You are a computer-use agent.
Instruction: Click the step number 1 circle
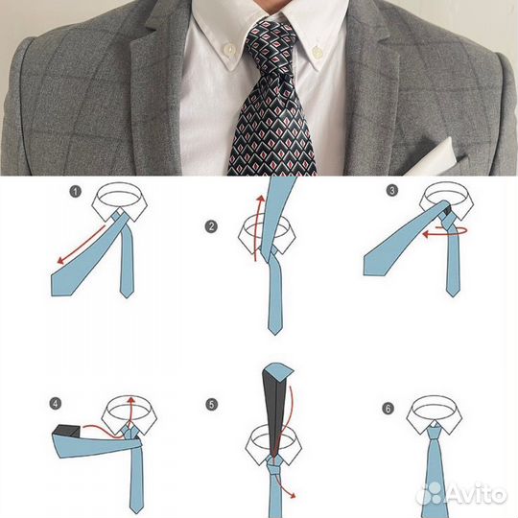[76, 192]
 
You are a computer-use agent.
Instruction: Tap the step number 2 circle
[211, 227]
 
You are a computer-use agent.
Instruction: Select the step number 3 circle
[391, 190]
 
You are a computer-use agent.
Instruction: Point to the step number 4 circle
[56, 404]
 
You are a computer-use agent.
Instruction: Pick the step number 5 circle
[211, 405]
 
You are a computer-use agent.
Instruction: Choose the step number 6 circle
[388, 409]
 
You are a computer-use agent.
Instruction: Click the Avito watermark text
[476, 495]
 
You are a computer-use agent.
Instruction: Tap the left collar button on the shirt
[229, 50]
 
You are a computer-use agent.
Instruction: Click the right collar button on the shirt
[317, 52]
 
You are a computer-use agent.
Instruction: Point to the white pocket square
[431, 159]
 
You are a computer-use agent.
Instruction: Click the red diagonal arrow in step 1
[82, 245]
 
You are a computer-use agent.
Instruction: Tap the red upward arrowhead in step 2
[261, 199]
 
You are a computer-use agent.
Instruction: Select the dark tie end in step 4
[67, 432]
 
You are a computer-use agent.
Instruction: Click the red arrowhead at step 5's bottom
[292, 495]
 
